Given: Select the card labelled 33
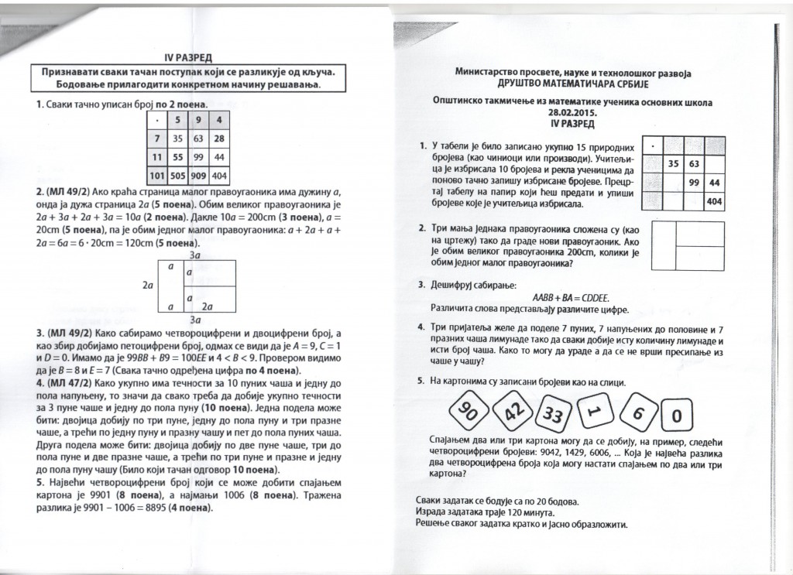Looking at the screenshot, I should point(556,415).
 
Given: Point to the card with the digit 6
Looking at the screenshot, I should point(637,414).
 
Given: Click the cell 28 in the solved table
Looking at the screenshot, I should point(218,138).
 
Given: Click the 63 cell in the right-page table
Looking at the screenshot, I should point(694,163).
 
